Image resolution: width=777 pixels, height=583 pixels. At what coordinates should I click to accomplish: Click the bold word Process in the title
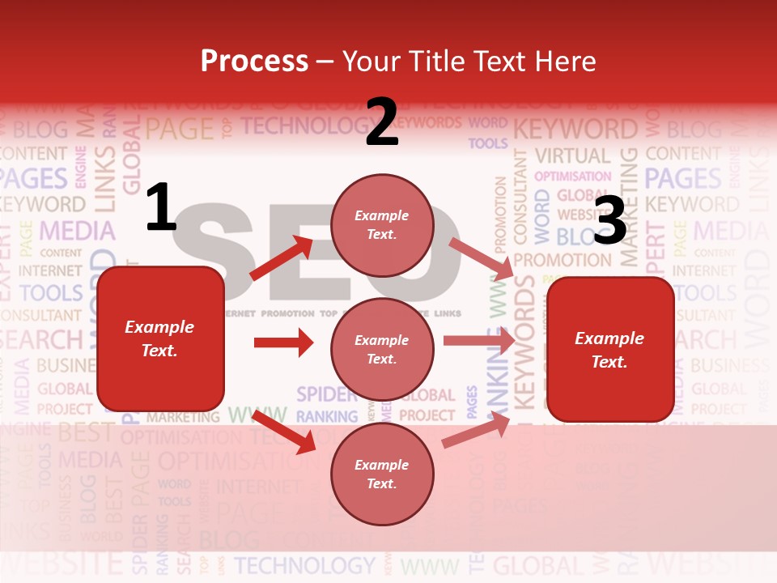click(254, 62)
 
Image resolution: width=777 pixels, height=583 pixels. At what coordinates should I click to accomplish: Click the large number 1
click(161, 208)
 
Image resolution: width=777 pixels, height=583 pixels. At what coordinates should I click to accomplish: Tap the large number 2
click(381, 122)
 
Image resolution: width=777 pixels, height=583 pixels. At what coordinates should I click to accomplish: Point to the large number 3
click(609, 220)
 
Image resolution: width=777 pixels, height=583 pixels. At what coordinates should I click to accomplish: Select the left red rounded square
click(160, 338)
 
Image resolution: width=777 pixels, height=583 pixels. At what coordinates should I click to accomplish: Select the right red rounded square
click(610, 350)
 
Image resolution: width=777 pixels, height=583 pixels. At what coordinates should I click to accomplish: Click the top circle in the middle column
click(382, 225)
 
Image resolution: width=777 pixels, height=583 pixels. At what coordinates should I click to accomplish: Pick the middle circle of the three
click(382, 349)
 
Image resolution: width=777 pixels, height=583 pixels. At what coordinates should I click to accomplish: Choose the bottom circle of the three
click(382, 474)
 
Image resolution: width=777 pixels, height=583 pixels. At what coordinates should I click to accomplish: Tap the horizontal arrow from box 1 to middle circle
click(283, 343)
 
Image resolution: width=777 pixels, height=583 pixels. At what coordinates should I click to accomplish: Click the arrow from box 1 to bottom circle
click(284, 432)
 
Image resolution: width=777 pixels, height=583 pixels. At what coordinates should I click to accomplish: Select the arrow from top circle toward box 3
click(481, 258)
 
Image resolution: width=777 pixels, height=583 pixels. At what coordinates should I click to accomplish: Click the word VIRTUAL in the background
click(572, 155)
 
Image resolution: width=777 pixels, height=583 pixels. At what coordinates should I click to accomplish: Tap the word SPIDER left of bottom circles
click(326, 394)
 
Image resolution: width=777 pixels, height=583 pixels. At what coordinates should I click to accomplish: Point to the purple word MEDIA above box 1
click(78, 231)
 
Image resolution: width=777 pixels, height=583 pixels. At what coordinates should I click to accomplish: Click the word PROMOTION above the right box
click(562, 261)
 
